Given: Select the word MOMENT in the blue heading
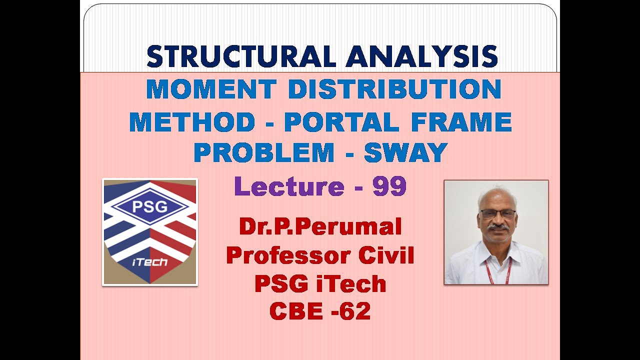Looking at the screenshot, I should [210, 89].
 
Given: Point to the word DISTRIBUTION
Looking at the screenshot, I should [394, 89].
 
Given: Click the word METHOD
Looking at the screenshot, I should [192, 122].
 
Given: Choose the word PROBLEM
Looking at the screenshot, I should [263, 153].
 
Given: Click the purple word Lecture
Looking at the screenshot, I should [288, 186].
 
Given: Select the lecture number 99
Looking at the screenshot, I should [389, 186].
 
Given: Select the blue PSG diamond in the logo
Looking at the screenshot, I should [149, 207].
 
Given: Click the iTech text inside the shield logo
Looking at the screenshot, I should [150, 262].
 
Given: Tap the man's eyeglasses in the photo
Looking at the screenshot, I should [497, 214].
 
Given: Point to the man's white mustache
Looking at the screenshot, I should [497, 228].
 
